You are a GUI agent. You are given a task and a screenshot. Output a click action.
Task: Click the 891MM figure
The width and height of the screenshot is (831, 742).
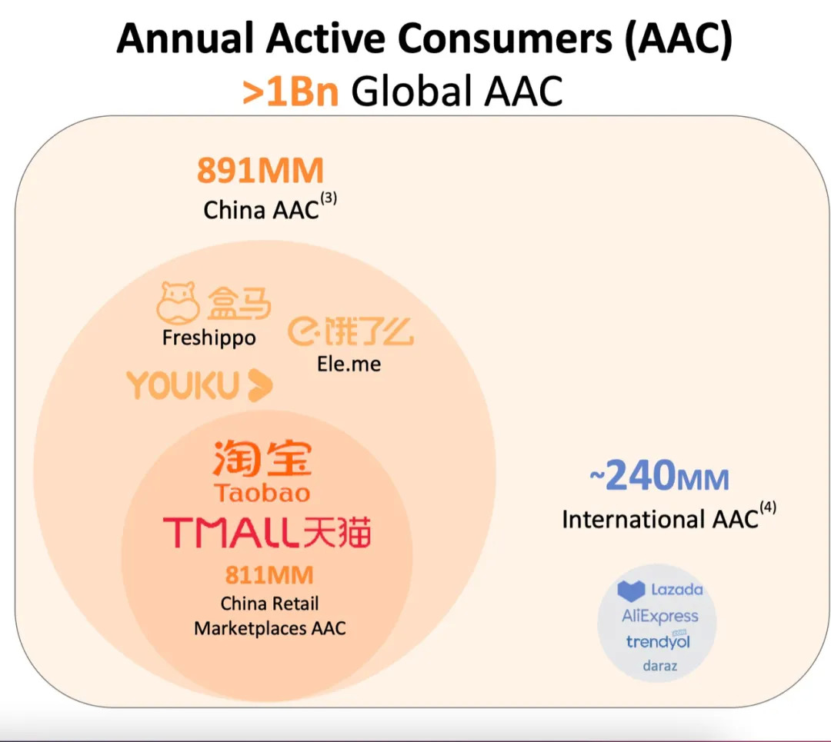pyautogui.click(x=260, y=171)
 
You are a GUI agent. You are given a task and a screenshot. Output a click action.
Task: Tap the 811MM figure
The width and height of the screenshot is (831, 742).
pyautogui.click(x=269, y=575)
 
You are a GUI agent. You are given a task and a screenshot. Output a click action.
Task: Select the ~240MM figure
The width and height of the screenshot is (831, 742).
pyautogui.click(x=659, y=476)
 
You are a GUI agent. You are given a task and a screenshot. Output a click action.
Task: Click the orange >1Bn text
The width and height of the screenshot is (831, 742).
pyautogui.click(x=290, y=92)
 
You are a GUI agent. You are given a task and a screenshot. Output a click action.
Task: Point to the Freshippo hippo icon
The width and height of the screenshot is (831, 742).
pyautogui.click(x=178, y=302)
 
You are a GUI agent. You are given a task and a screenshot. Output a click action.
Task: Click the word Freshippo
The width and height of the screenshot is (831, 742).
pyautogui.click(x=209, y=338)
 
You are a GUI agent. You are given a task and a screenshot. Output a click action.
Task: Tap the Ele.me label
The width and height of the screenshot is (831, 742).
pyautogui.click(x=349, y=364)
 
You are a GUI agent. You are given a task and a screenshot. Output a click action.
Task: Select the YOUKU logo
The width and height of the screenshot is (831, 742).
pyautogui.click(x=200, y=385)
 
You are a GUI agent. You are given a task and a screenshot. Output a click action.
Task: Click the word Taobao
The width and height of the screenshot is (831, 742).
pyautogui.click(x=262, y=493)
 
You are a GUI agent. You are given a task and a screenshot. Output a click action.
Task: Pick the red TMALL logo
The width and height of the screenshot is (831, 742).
pyautogui.click(x=266, y=532)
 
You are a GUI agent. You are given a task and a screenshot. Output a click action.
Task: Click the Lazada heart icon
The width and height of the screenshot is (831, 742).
pyautogui.click(x=631, y=591)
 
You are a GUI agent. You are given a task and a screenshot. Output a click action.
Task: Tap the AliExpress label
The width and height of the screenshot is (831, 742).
pyautogui.click(x=660, y=616)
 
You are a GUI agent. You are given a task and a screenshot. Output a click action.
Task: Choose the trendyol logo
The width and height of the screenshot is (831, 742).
pyautogui.click(x=658, y=641)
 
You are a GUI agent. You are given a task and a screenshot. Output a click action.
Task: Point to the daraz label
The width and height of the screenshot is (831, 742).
pyautogui.click(x=660, y=666)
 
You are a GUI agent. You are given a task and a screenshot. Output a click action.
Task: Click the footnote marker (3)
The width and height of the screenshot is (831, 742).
pyautogui.click(x=329, y=198)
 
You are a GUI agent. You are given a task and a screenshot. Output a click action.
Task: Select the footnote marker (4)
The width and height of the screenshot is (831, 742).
pyautogui.click(x=768, y=507)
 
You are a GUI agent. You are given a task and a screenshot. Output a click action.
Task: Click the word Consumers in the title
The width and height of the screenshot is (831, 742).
pyautogui.click(x=505, y=38)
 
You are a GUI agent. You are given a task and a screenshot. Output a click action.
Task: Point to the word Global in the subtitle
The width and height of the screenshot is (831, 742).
pyautogui.click(x=412, y=91)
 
